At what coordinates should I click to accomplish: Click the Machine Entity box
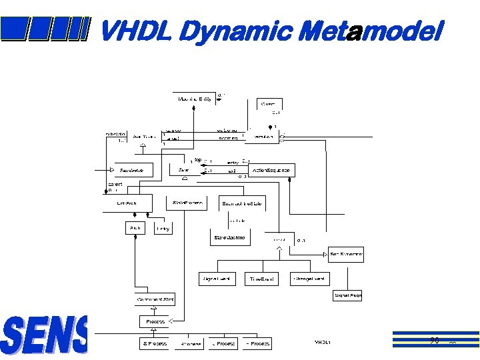[x=195, y=99]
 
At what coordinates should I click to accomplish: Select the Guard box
[x=270, y=104]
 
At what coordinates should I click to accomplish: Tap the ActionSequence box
[x=271, y=171]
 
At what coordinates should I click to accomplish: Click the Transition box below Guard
[x=265, y=136]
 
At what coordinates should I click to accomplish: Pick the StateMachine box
[x=229, y=238]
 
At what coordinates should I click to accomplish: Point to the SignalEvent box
[x=217, y=279]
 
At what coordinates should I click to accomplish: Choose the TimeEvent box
[x=261, y=279]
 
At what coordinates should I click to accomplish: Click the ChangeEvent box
[x=309, y=279]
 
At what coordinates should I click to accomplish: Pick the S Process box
[x=155, y=343]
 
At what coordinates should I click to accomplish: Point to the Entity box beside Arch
[x=163, y=228]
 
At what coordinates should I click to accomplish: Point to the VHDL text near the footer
[x=323, y=342]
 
